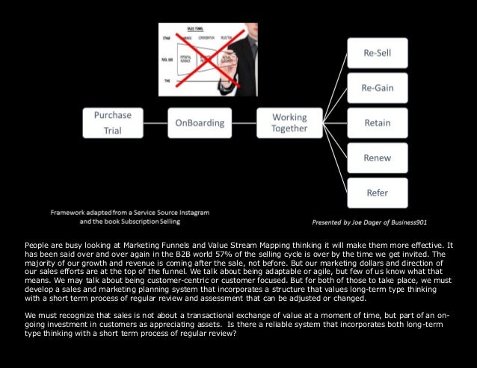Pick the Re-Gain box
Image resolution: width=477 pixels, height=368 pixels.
click(x=377, y=87)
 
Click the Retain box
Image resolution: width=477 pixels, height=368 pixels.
click(x=377, y=122)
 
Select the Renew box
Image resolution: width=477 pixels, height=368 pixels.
click(x=377, y=158)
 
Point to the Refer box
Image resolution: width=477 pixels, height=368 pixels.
click(x=377, y=193)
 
